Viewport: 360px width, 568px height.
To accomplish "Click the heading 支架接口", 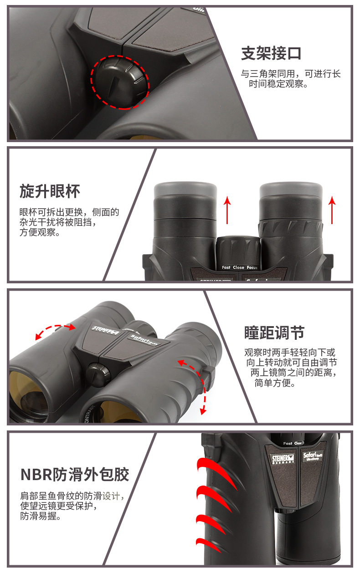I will [271, 54].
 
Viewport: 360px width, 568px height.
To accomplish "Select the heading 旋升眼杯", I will [50, 191].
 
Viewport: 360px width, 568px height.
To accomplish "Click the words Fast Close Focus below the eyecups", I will [240, 267].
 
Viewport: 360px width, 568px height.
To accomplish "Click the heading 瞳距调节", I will [274, 333].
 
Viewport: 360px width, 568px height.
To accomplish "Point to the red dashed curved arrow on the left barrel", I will [56, 331].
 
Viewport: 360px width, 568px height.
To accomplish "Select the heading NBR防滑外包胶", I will [75, 474].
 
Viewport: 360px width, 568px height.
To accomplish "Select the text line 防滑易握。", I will [40, 517].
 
